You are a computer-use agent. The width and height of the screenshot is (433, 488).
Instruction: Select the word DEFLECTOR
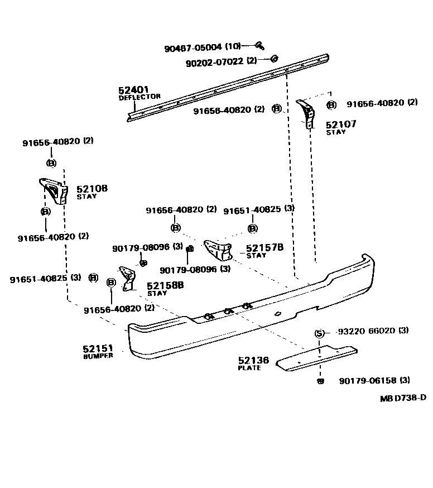point(139,97)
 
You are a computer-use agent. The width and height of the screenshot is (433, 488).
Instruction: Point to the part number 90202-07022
point(215,61)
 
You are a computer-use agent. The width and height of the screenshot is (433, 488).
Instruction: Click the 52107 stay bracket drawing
point(306,113)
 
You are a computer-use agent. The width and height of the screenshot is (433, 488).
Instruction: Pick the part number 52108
point(92,189)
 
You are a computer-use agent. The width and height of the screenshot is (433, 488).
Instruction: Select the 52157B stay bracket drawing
point(219,250)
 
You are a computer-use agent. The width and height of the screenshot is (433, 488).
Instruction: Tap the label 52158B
point(165,285)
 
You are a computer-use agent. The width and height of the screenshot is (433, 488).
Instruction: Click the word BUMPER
point(98,356)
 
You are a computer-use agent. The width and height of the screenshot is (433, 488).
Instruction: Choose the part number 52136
point(253,361)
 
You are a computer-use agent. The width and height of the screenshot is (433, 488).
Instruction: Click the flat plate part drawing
point(315,357)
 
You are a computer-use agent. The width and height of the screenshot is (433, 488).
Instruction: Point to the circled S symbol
point(319,333)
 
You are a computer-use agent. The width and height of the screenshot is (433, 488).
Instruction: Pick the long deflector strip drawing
point(229,86)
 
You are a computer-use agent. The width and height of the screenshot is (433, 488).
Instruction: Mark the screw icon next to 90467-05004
point(259,45)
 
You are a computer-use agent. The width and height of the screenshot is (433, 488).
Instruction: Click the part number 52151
point(98,349)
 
